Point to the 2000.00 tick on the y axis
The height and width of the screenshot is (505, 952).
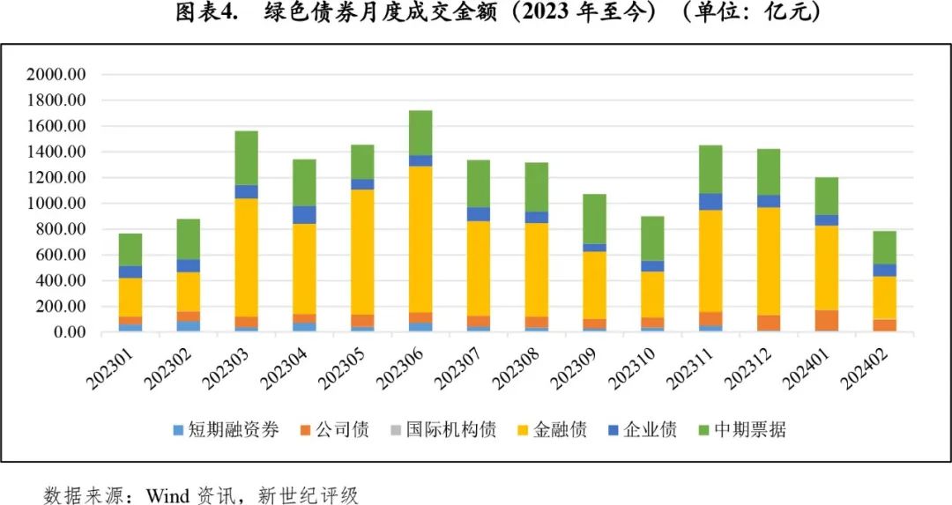[56, 75]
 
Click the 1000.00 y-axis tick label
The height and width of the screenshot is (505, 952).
[56, 204]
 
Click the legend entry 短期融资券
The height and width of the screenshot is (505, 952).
[226, 430]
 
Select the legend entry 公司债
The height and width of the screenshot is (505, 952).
[336, 430]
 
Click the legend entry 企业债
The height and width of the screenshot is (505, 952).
[643, 430]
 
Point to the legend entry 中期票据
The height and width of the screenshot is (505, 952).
[741, 430]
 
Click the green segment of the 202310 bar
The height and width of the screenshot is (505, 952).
[652, 238]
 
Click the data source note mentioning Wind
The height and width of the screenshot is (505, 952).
[202, 494]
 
